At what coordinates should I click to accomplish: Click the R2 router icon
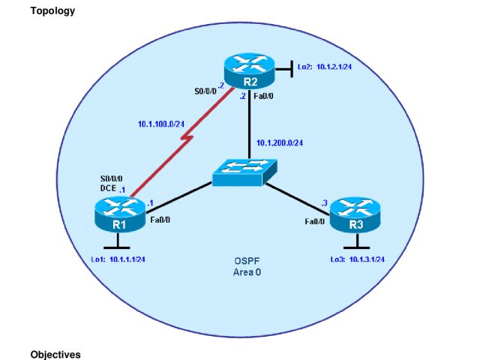248,72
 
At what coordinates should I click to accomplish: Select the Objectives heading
55,353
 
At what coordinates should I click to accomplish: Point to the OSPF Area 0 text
246,267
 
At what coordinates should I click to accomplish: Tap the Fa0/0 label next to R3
315,222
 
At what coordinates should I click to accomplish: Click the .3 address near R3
324,202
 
